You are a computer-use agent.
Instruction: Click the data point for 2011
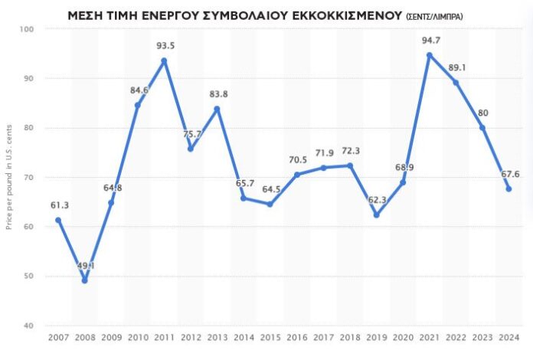(x=164, y=61)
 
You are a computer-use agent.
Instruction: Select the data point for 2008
(x=85, y=280)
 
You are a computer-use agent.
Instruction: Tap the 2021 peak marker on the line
(x=430, y=55)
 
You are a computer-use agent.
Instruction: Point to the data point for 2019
(x=377, y=215)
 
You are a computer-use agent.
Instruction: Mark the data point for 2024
(x=508, y=189)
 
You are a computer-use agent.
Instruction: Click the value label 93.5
(x=165, y=45)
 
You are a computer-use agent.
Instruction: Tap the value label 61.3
(x=59, y=205)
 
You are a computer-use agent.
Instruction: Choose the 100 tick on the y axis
(x=28, y=29)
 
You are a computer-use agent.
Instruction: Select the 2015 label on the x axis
(x=270, y=338)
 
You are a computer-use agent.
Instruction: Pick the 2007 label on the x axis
(x=58, y=338)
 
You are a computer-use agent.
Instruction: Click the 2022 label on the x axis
(x=456, y=338)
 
